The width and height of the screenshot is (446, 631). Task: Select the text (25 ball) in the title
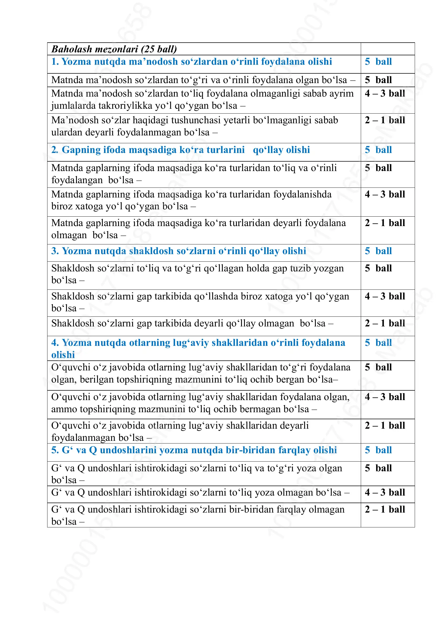pyautogui.click(x=159, y=49)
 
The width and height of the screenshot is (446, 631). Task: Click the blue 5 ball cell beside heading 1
pyautogui.click(x=378, y=62)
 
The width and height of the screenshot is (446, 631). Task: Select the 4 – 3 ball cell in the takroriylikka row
pyautogui.click(x=385, y=94)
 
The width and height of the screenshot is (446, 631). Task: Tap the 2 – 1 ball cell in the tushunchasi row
pyautogui.click(x=385, y=120)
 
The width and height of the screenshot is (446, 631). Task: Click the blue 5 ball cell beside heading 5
pyautogui.click(x=378, y=450)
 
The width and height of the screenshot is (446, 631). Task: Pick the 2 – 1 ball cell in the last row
pyautogui.click(x=385, y=509)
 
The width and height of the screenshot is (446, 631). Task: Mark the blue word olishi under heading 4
pyautogui.click(x=63, y=355)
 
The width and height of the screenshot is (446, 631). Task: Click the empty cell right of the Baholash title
pyautogui.click(x=387, y=49)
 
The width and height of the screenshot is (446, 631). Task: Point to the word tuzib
pyautogui.click(x=299, y=268)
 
